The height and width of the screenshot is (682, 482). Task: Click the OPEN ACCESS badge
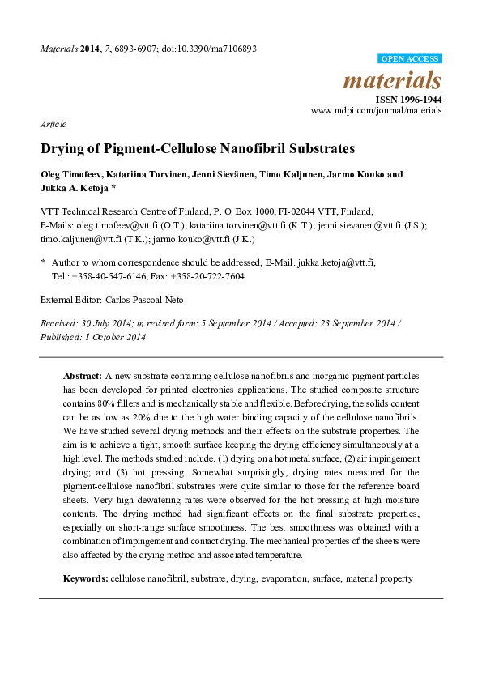pyautogui.click(x=410, y=59)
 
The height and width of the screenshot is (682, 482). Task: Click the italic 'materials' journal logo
pyautogui.click(x=392, y=80)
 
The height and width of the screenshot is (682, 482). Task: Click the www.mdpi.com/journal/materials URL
pyautogui.click(x=376, y=109)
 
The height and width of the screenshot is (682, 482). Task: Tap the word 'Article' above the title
pyautogui.click(x=53, y=124)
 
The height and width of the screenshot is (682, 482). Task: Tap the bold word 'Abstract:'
pyautogui.click(x=82, y=377)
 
